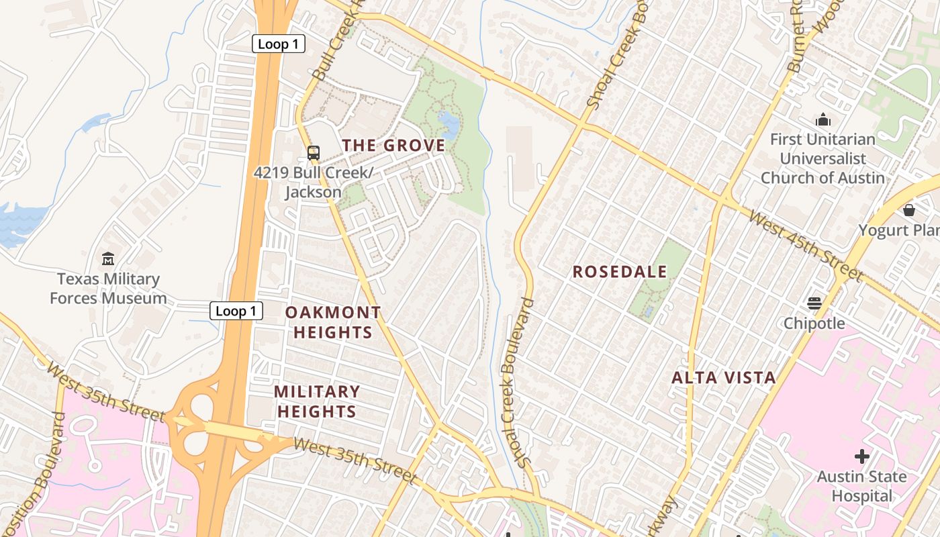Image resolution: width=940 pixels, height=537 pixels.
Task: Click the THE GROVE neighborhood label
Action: click(393, 146)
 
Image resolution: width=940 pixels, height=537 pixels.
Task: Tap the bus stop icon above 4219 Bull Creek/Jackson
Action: click(314, 152)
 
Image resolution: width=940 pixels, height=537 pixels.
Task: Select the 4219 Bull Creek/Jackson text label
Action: click(313, 182)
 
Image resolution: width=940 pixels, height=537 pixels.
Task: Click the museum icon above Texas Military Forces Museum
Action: click(108, 258)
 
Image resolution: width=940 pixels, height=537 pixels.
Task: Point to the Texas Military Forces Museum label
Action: click(108, 289)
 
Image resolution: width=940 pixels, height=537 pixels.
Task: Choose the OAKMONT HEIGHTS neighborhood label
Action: click(333, 322)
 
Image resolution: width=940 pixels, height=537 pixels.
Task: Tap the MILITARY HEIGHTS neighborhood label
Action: click(317, 401)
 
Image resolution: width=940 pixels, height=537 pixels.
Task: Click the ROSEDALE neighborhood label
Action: click(620, 272)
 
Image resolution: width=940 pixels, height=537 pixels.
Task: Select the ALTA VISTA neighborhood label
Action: click(724, 378)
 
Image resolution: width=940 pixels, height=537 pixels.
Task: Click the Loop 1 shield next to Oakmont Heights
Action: click(236, 311)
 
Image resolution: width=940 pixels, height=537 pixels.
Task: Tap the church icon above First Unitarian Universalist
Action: click(823, 120)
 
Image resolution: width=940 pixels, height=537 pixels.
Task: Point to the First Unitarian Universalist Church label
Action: click(822, 159)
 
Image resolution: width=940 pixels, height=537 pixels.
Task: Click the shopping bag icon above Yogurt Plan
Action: click(909, 210)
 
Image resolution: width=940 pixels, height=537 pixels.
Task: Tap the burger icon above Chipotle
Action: click(814, 303)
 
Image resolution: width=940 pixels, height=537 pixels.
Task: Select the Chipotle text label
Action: click(814, 324)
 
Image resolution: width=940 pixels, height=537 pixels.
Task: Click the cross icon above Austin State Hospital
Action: click(862, 456)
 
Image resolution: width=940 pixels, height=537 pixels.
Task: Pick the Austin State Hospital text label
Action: click(861, 487)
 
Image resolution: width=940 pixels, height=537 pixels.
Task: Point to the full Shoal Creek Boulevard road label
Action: click(516, 383)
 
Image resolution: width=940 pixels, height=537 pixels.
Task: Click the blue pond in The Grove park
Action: click(448, 124)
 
